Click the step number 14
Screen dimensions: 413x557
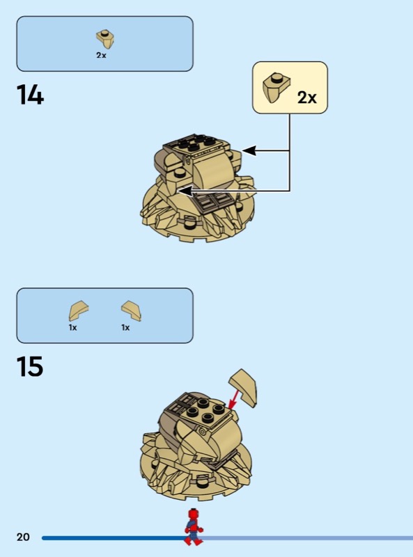point(30,95)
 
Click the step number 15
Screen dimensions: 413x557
point(30,367)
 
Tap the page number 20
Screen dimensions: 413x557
point(23,537)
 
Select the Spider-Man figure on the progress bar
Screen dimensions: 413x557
point(194,527)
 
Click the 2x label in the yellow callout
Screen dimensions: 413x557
point(306,97)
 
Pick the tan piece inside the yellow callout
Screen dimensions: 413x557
point(276,88)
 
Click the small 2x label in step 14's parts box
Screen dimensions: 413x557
point(101,55)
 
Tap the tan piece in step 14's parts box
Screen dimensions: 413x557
point(105,39)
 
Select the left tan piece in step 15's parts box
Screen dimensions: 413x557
point(78,310)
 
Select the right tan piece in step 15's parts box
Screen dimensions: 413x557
point(132,311)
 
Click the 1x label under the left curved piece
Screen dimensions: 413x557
point(73,327)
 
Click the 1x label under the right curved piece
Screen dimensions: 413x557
point(125,327)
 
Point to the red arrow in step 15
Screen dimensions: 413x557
point(234,399)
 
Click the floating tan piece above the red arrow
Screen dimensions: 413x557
point(244,387)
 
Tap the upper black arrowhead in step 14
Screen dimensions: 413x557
point(249,150)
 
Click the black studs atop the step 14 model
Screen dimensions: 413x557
point(196,142)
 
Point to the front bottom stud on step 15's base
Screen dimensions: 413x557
point(200,482)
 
